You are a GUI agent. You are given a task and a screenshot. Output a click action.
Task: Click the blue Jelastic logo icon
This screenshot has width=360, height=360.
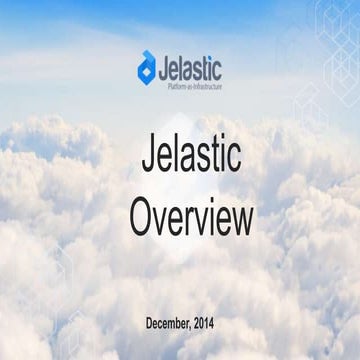[147, 65]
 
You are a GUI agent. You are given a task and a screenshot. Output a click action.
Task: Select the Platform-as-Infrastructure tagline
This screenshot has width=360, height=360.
[192, 86]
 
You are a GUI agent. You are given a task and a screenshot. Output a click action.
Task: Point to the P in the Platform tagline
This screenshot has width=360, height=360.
[167, 86]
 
